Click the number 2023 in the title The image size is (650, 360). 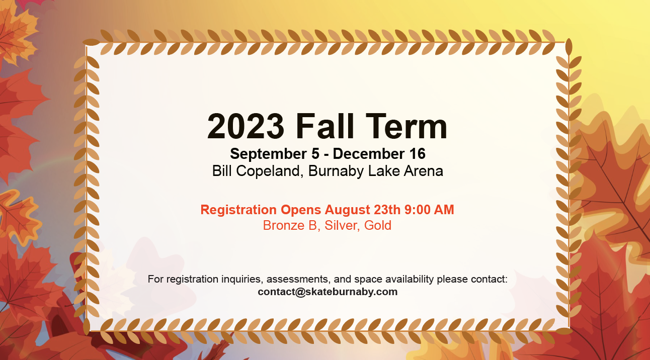246,127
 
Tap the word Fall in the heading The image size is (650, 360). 325,126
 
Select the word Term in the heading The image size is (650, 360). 407,127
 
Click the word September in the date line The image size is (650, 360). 269,154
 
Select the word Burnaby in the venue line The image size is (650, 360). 336,171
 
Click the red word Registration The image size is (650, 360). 238,210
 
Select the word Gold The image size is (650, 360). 378,225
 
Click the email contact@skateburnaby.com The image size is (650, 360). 328,292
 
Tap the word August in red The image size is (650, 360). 347,210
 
